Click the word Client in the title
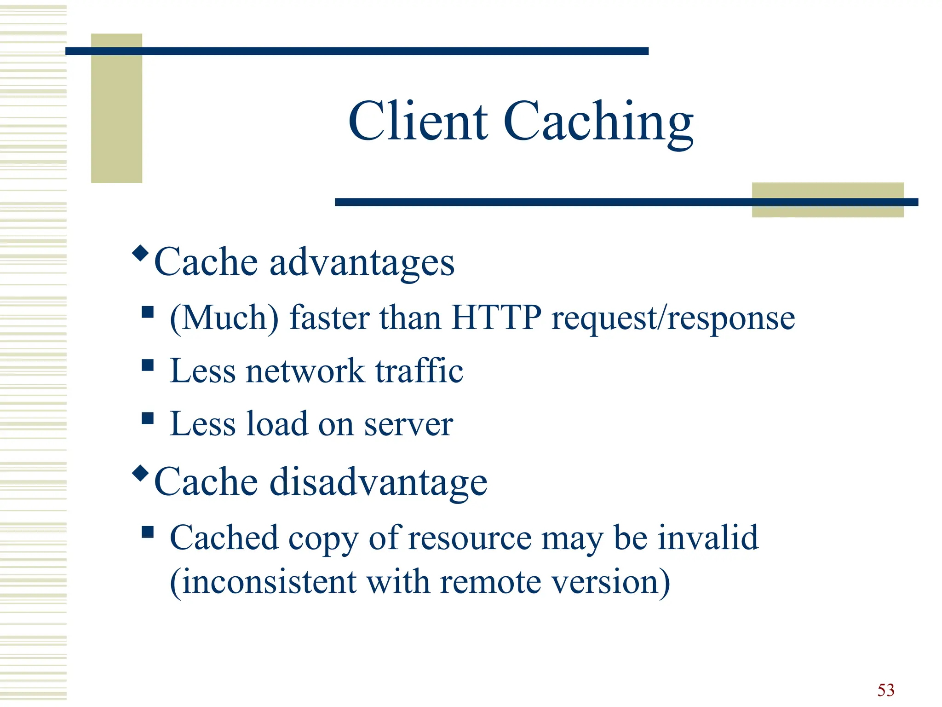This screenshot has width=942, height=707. pyautogui.click(x=418, y=121)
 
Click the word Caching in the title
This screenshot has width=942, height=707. pyautogui.click(x=598, y=122)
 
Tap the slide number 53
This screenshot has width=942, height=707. pyautogui.click(x=885, y=690)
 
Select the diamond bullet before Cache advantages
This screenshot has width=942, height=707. pyautogui.click(x=140, y=253)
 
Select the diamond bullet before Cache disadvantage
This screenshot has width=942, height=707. pyautogui.click(x=140, y=473)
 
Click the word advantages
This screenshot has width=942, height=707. pyautogui.click(x=362, y=262)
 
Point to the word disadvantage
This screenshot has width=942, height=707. pyautogui.click(x=378, y=482)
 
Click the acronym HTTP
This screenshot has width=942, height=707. pyautogui.click(x=496, y=318)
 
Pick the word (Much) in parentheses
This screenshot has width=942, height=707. pyautogui.click(x=224, y=319)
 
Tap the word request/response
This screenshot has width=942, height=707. pyautogui.click(x=673, y=319)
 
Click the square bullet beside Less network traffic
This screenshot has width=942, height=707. pyautogui.click(x=148, y=365)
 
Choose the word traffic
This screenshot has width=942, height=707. pyautogui.click(x=419, y=371)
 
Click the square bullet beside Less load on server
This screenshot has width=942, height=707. pyautogui.click(x=148, y=418)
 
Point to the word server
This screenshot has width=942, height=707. pyautogui.click(x=408, y=424)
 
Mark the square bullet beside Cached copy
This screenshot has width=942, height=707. pyautogui.click(x=148, y=532)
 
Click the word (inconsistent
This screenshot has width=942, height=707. pyautogui.click(x=263, y=582)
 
